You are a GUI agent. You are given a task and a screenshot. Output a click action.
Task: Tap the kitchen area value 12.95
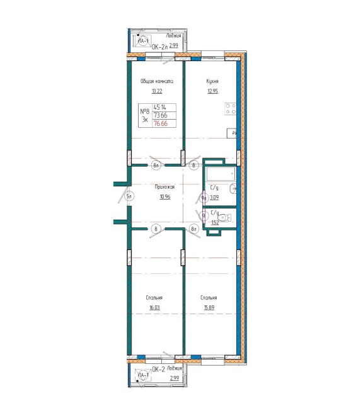coord(212,91)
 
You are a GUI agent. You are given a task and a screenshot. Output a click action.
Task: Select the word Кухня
coord(212,81)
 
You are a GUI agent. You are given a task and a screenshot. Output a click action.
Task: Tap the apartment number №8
coord(144,112)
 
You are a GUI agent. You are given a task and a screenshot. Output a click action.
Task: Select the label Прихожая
coord(164,187)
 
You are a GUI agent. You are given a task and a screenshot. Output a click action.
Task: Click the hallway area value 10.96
coord(164,196)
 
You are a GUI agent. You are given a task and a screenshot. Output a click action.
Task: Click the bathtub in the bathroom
coord(221,174)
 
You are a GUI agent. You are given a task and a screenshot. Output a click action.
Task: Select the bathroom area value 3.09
coord(214,197)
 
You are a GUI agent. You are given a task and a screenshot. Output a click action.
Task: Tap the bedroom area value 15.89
coord(209,308)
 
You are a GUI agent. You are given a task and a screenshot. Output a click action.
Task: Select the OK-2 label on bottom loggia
coord(158,370)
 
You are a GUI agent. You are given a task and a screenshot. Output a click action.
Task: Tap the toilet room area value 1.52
coord(214,222)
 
